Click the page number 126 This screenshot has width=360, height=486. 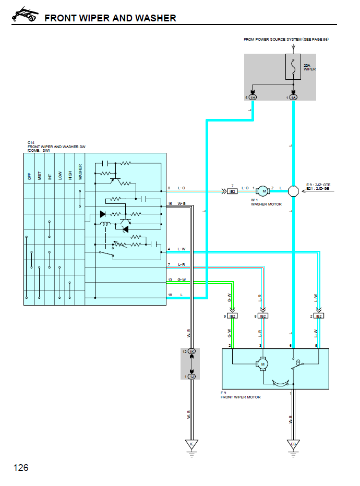21,467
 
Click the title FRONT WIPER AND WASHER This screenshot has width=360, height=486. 110,18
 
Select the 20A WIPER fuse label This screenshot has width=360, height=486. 310,67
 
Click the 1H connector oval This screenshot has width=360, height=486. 253,98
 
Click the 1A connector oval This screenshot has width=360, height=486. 293,98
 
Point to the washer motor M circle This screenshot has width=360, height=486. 263,191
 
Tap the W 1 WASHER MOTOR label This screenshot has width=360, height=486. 266,202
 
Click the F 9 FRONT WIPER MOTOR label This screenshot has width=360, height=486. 241,395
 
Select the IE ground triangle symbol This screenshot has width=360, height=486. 191,444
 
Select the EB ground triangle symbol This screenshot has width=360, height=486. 293,444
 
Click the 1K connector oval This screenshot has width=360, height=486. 191,352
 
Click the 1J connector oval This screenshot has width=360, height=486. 191,376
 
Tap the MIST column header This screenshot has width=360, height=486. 40,175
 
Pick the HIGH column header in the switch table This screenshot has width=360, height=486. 70,175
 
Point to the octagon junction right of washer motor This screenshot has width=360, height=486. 293,191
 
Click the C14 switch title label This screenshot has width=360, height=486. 56,147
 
